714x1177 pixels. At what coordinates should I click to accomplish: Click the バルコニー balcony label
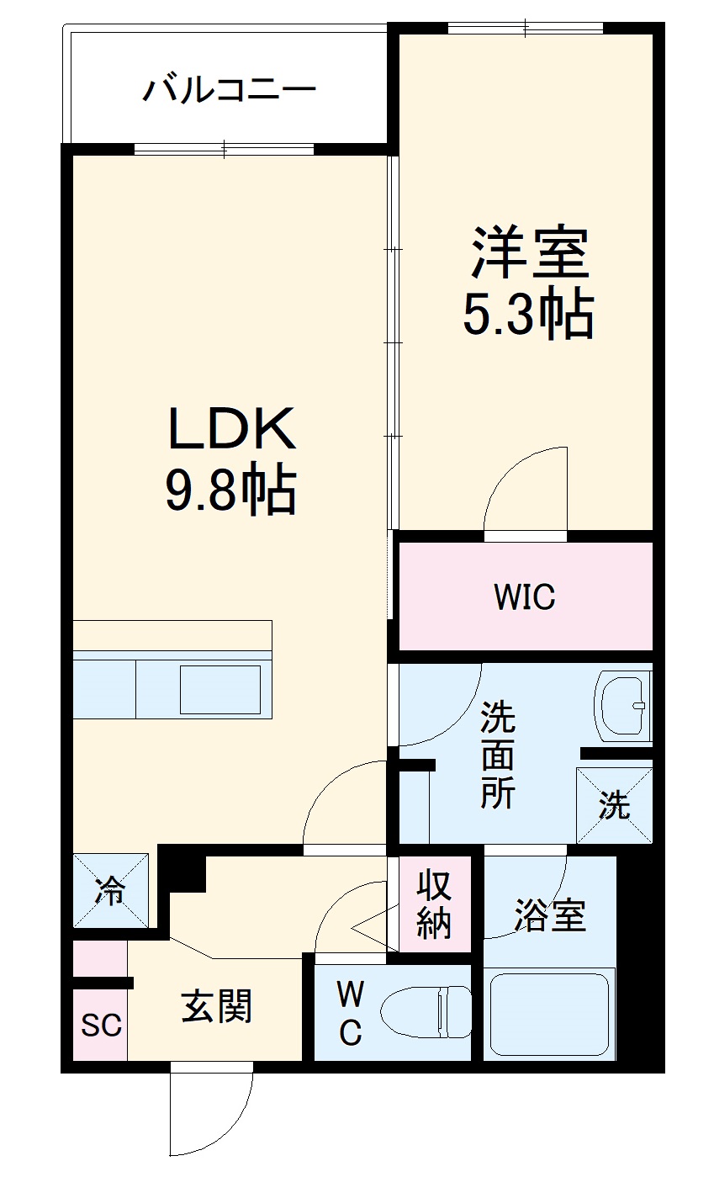pos(229,89)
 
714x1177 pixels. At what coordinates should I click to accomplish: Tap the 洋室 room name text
pos(529,252)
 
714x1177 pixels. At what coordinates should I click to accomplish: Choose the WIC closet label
pos(524,596)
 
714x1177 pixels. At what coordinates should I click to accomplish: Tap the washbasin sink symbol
pos(622,705)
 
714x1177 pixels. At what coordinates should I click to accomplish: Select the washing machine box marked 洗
pos(615,805)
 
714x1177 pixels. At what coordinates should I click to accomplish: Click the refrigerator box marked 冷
pos(110,891)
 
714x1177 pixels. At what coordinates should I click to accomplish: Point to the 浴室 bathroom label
pos(549,916)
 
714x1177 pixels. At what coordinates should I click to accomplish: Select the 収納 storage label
pos(435,904)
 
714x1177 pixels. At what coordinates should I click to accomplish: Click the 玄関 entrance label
pos(217,1005)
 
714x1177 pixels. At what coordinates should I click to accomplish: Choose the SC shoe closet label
pos(101,1025)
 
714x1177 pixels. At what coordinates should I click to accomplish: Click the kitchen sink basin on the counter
pos(219,689)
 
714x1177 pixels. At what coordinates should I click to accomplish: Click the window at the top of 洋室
pos(526,29)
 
